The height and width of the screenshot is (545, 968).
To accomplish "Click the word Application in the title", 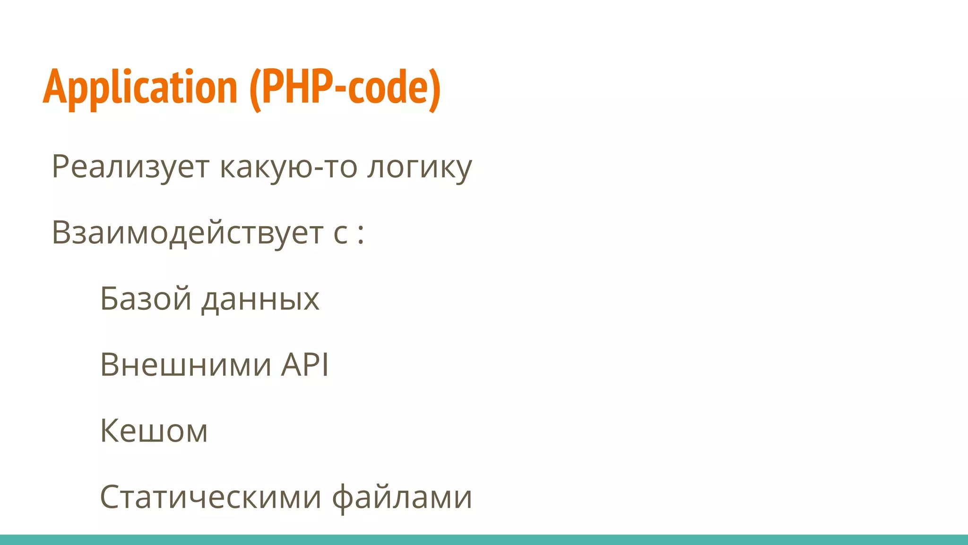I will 140,88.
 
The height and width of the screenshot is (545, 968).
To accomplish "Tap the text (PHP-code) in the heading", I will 345,88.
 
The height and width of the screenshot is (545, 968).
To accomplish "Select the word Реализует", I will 130,167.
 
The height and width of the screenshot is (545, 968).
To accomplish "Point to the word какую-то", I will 288,167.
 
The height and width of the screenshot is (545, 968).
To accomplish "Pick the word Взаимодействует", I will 187,233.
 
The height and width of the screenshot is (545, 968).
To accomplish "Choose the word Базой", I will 146,299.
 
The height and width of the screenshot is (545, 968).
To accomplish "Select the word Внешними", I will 186,365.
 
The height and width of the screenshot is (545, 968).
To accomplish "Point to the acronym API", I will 305,365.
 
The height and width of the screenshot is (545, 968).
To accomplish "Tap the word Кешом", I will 154,431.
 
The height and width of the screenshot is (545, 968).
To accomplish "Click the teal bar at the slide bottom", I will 484,540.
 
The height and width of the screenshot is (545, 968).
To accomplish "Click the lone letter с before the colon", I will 340,235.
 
